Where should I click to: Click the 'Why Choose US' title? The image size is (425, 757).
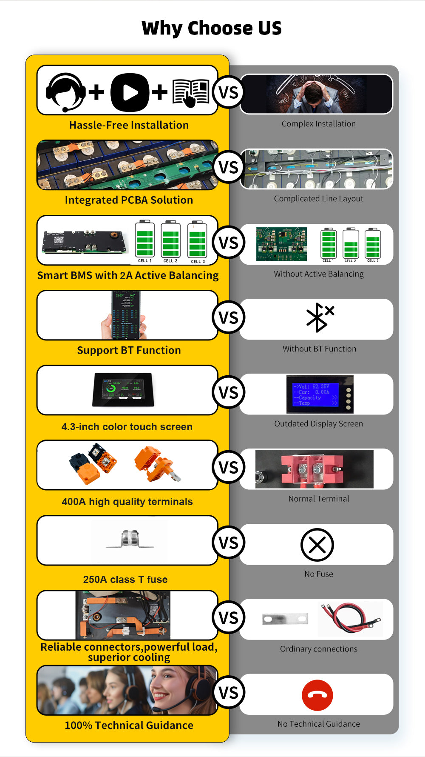point(212,28)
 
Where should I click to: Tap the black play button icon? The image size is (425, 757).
point(130,92)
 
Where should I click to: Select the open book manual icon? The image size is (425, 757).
point(191,92)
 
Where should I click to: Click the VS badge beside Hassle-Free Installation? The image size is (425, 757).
point(228,92)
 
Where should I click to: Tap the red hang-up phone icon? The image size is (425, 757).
point(317,695)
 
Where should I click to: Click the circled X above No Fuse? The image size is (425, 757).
point(317,545)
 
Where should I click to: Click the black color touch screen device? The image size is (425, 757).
point(123,389)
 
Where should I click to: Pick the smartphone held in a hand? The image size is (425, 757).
point(125,315)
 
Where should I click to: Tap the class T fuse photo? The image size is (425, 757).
point(130,540)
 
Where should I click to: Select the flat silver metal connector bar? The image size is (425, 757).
point(285,619)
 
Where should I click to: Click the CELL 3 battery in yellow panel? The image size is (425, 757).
point(198,242)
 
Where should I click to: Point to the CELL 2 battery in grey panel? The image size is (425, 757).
point(351,245)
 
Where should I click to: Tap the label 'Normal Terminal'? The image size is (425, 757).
point(319,499)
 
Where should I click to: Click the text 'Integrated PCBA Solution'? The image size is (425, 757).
point(129,200)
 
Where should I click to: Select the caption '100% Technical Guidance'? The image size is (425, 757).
point(129,725)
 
